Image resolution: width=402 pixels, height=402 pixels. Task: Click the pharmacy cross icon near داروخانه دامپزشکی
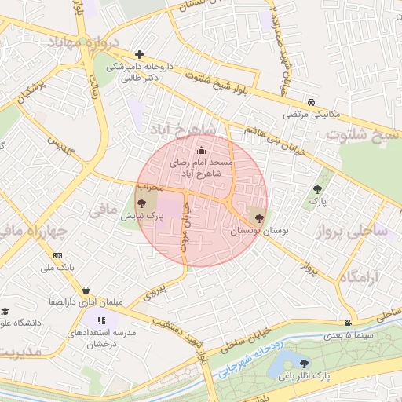pos(139,54)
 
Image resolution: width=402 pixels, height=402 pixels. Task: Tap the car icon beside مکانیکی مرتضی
pos(312,102)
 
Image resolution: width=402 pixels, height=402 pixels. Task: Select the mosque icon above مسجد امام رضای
pos(201,150)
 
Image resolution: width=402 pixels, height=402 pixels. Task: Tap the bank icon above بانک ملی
pos(57,255)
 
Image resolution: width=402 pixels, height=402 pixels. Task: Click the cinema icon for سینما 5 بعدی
pos(347,322)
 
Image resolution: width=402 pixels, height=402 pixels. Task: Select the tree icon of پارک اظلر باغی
pos(304,362)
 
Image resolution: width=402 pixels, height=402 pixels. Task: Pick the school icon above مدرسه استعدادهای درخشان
pos(100,320)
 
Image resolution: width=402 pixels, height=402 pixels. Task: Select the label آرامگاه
pos(360,277)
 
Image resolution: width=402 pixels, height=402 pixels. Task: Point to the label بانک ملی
pos(57,268)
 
